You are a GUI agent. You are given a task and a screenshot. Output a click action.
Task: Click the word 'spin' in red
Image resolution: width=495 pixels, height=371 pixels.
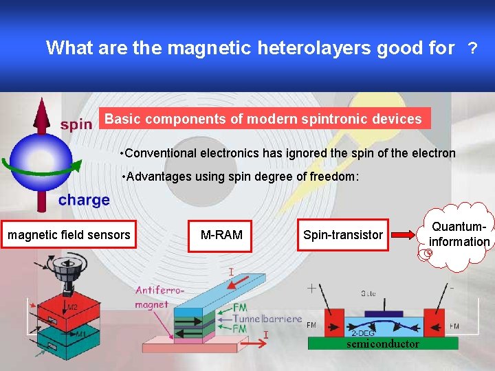76,124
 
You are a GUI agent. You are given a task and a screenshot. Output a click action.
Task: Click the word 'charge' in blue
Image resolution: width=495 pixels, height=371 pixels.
84,200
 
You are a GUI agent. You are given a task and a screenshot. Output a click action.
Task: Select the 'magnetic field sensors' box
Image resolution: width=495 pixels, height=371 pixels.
69,235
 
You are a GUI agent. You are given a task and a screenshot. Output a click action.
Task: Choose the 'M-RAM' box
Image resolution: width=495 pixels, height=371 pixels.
221,235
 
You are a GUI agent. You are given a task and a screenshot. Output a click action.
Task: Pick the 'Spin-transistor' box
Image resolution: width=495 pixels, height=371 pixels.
343,235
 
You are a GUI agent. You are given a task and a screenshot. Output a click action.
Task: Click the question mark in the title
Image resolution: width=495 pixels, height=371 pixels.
472,48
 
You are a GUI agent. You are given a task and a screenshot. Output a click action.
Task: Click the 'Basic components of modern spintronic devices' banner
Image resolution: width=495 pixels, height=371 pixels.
263,119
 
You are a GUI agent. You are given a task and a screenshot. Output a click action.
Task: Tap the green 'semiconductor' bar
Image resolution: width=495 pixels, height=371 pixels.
383,344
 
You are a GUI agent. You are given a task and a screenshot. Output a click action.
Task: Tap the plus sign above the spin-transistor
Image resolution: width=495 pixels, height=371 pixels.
313,287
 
